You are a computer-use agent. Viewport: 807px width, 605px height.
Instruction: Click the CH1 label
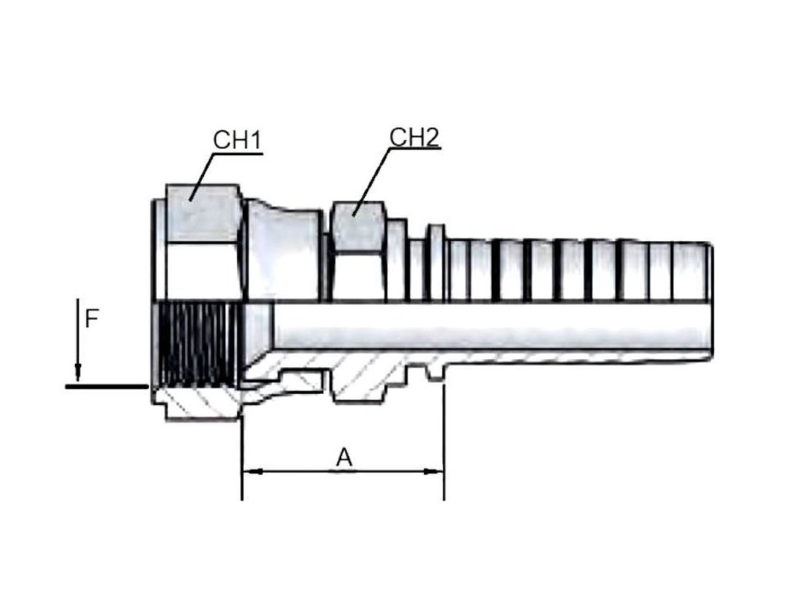(x=237, y=140)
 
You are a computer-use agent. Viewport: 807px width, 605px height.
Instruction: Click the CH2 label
(x=414, y=137)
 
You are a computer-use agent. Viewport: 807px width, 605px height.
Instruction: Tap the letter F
(x=92, y=319)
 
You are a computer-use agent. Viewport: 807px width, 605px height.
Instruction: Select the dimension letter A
(x=344, y=457)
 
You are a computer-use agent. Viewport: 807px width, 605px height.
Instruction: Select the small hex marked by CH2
(x=358, y=228)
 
